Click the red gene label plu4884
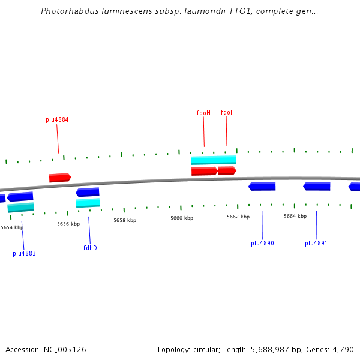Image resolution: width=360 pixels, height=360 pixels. point(57,119)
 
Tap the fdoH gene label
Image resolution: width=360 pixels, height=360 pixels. point(203,113)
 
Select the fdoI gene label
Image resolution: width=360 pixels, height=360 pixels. point(226,112)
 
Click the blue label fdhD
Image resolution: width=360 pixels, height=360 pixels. point(90,248)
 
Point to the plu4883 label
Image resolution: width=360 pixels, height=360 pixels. point(24,253)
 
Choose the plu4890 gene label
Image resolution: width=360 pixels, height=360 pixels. point(262,243)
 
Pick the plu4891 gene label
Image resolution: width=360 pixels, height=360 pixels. point(316,243)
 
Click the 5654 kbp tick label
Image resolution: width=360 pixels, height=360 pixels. point(12,227)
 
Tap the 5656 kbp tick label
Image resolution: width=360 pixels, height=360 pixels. point(68,224)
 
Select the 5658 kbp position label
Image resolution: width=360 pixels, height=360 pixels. point(125,220)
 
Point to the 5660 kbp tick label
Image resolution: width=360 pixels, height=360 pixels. point(182,218)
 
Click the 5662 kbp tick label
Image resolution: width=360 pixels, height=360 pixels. point(238,217)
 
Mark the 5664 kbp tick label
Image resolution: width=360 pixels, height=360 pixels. point(295,216)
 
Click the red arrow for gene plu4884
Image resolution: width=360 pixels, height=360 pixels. point(60,178)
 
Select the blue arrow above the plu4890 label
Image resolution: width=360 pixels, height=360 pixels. point(262,187)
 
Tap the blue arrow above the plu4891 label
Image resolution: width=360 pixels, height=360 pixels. point(317,186)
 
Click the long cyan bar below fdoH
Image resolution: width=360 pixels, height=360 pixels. point(214,160)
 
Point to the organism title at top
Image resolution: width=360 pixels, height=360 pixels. point(179,11)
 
